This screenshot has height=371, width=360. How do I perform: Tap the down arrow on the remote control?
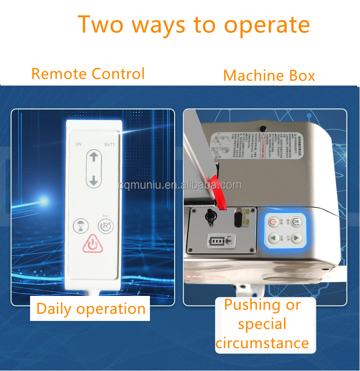pos(94,181)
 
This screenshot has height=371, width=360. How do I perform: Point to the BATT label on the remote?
pos(109,144)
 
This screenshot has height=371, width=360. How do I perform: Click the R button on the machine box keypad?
pos(296,222)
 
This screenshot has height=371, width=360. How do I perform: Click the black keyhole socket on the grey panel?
pos(210,218)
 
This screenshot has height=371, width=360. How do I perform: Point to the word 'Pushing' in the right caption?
pos(253,305)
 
